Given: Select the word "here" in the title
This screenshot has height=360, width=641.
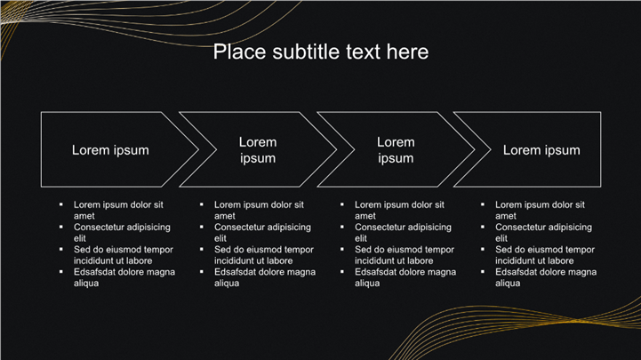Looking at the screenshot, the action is (407, 52).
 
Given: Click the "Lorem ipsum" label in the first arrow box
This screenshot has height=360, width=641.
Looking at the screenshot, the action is (110, 150).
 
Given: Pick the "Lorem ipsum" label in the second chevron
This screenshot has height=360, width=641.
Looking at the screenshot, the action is (258, 150).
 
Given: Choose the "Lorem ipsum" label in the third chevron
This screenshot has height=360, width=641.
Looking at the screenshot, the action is (396, 150).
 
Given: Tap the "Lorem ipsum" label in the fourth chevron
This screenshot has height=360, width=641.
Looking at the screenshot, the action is (541, 150).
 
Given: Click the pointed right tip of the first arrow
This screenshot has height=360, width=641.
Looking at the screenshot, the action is (198, 149).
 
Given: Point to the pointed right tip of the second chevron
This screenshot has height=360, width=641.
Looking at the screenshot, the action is (336, 149).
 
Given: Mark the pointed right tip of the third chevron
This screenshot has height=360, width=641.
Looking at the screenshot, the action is (475, 149).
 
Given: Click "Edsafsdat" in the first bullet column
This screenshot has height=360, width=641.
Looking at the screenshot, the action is (93, 272).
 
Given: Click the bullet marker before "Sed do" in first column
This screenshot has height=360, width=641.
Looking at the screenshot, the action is (61, 249).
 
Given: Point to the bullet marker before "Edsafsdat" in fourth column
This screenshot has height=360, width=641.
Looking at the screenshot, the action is (483, 271).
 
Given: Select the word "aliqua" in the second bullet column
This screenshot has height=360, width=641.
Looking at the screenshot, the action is (227, 284).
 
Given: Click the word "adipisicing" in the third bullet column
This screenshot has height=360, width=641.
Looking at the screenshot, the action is (429, 228).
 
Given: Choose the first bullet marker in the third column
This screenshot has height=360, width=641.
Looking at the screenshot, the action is (341, 204).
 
